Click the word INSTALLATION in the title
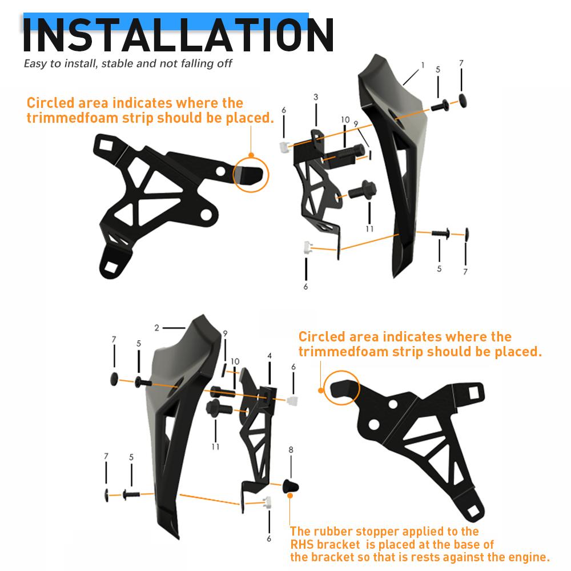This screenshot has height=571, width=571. click(178, 35)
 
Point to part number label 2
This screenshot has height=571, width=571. click(156, 328)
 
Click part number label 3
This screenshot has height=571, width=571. click(316, 98)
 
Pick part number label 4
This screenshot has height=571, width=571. click(270, 356)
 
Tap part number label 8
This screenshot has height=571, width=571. click(291, 450)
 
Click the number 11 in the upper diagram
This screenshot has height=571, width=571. click(369, 228)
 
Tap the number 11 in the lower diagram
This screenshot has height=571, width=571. click(215, 447)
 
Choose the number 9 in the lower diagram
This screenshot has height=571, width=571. click(225, 333)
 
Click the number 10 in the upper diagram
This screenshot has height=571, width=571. click(345, 120)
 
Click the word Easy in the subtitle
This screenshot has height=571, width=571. click(35, 63)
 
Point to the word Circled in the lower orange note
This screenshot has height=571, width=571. click(321, 337)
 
